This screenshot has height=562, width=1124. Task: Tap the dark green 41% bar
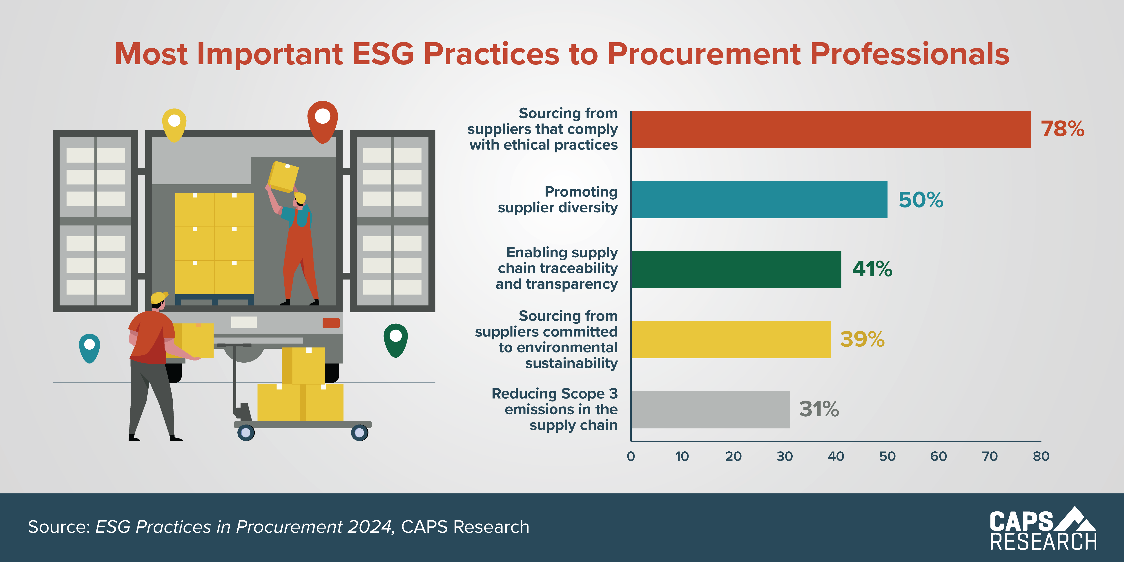(736, 269)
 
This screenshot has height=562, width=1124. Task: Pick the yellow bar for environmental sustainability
(731, 339)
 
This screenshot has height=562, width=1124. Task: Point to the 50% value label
(921, 200)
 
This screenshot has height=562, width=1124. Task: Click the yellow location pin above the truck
(174, 124)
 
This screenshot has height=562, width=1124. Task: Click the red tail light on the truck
(331, 323)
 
